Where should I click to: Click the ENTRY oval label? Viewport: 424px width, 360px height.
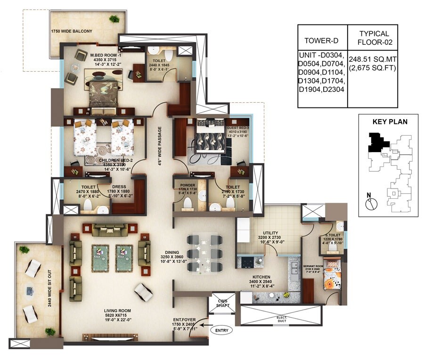tap(221, 330)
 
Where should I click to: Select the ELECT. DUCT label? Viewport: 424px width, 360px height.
tap(281, 319)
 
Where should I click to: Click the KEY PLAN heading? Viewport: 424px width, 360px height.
tap(390, 122)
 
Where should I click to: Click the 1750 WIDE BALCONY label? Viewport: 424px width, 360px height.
tap(72, 32)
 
